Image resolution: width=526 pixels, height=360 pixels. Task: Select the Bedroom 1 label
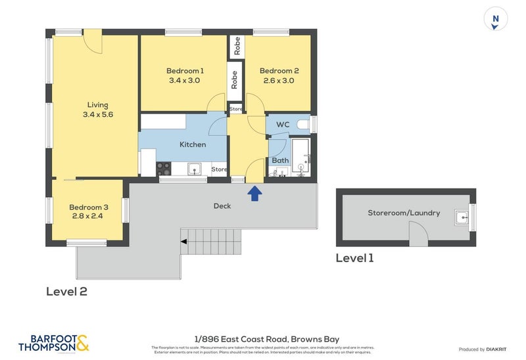[x=185, y=71]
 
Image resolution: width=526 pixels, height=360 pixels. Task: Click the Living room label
[x=97, y=104]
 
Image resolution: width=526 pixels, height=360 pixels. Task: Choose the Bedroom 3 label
[x=89, y=207]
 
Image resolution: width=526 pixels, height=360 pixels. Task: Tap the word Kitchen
[x=193, y=145]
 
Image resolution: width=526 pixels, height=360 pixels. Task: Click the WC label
[x=283, y=125]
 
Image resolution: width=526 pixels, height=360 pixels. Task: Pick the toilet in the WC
[x=304, y=124]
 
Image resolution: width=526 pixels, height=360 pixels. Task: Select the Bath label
[x=280, y=160]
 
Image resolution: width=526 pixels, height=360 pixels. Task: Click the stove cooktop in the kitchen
[x=164, y=169]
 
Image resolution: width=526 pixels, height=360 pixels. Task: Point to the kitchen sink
[x=195, y=169]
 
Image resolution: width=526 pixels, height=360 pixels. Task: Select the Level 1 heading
[x=354, y=258]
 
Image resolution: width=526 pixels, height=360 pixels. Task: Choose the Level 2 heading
[x=66, y=292]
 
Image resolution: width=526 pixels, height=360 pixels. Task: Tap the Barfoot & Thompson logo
[x=53, y=343]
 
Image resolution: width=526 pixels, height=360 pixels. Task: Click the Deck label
[x=222, y=206]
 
